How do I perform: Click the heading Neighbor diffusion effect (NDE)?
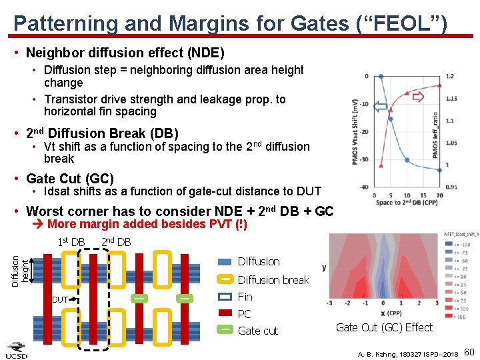(125, 53)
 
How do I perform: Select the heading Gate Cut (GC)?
(70, 179)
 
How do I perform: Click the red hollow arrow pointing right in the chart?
(418, 97)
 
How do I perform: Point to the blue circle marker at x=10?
(407, 161)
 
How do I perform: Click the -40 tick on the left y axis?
(365, 187)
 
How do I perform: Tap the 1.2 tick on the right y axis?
(450, 77)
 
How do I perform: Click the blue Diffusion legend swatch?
(225, 262)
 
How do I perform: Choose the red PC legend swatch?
(225, 313)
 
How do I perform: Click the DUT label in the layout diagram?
(59, 300)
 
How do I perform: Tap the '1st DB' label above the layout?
(71, 241)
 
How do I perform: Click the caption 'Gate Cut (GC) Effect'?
(384, 327)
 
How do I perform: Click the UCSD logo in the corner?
(17, 351)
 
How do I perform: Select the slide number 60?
(469, 351)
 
